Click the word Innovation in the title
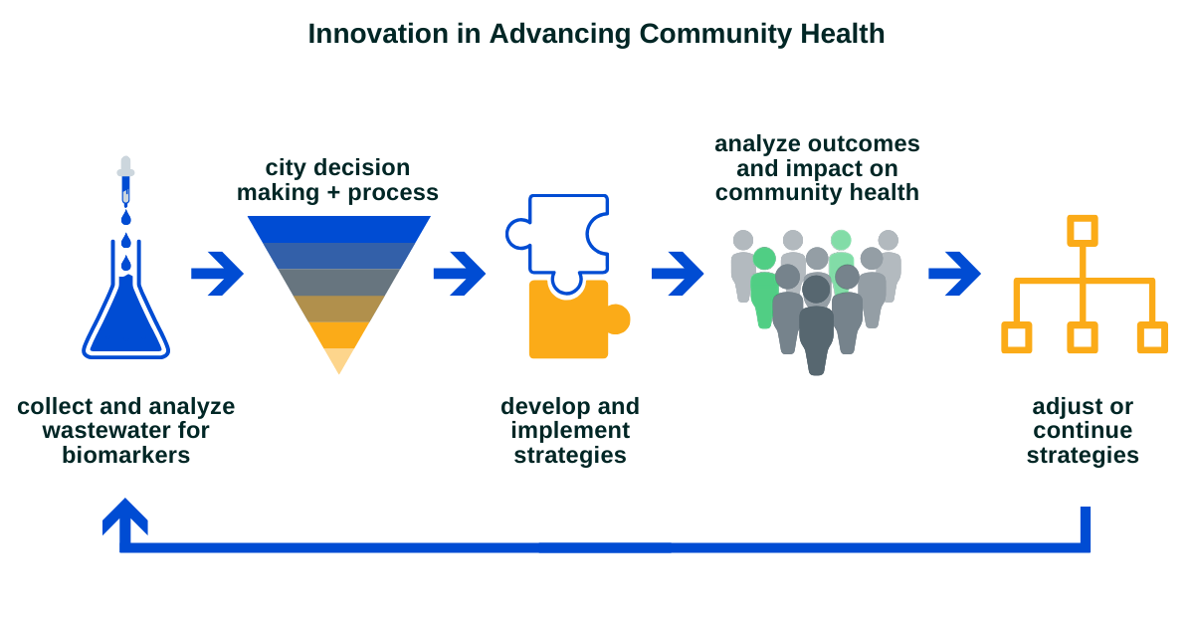[378, 34]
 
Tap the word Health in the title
[842, 34]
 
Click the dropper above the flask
[125, 181]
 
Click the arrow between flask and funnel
[218, 274]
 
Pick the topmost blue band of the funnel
[339, 229]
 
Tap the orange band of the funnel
[339, 335]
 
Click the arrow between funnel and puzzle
[460, 274]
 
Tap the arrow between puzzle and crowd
[678, 274]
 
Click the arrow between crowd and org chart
[954, 274]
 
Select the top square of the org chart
[1083, 230]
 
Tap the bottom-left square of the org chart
[1017, 337]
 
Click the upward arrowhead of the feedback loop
[124, 518]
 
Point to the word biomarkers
[125, 455]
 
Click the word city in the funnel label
[286, 168]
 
